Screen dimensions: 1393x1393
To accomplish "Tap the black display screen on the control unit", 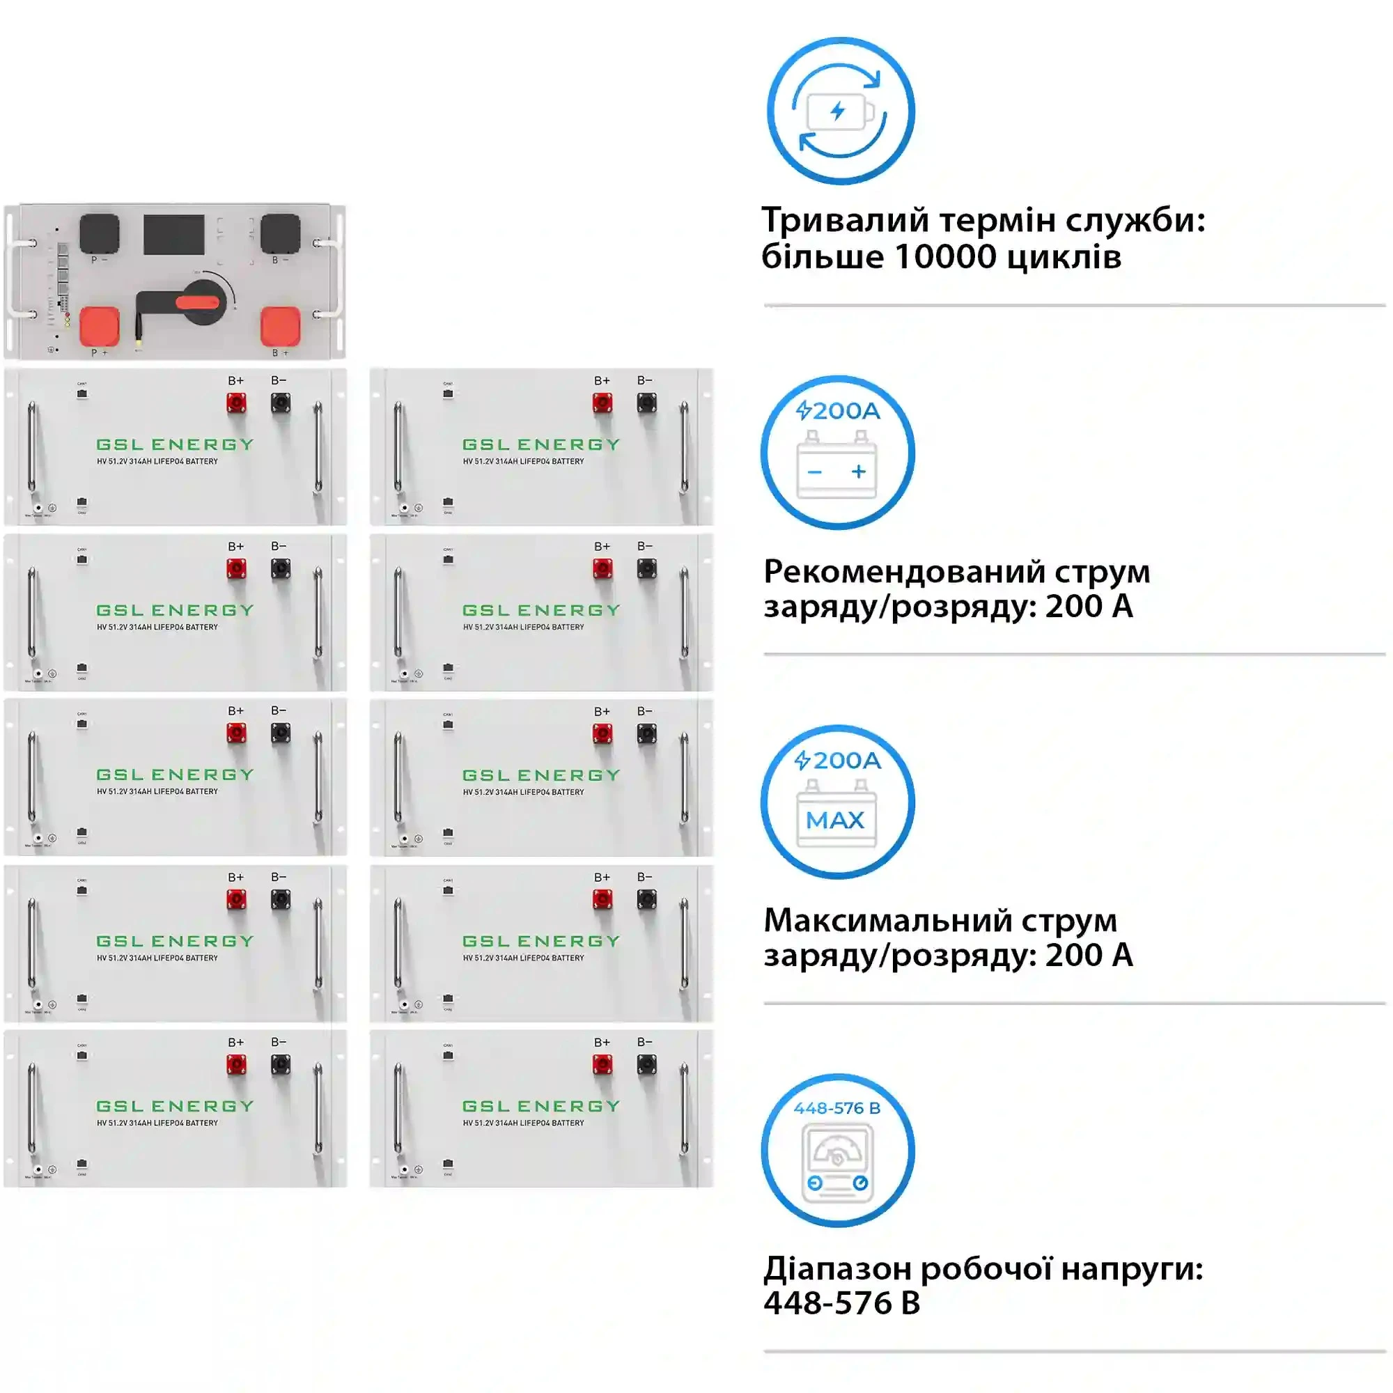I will coord(173,234).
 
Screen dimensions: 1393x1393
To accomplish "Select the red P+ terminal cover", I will coord(99,327).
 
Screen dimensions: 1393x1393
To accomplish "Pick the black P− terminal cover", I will coord(99,233).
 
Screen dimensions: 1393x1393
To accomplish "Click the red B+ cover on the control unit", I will coord(281,327).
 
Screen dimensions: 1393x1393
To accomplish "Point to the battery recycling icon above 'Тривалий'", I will coord(841,111).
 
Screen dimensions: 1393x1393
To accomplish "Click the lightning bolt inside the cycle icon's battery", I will coord(837,111).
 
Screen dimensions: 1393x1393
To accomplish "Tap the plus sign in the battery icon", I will coord(858,472).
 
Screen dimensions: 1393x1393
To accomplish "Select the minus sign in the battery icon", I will coord(815,472).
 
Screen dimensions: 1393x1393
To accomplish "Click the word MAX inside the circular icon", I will coord(835,820).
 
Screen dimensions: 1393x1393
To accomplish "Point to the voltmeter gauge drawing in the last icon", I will coord(837,1164).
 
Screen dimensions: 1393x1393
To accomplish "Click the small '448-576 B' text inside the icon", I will coord(837,1108).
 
